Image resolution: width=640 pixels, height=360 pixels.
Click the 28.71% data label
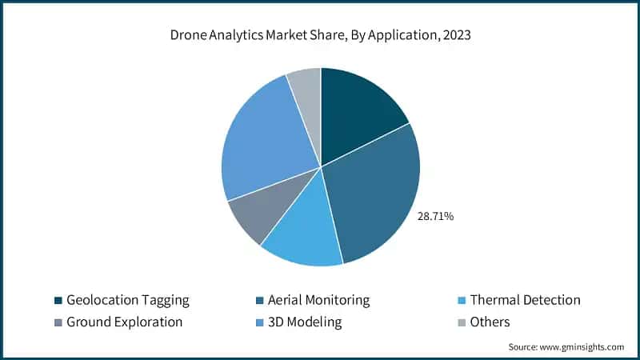435,216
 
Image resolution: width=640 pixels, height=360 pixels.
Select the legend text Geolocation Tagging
128,300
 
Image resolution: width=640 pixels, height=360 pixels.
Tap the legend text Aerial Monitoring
319,300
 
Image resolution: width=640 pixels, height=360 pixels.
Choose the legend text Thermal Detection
525,300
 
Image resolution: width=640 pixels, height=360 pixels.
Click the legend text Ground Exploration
125,322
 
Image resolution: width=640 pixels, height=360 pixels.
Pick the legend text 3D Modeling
306,322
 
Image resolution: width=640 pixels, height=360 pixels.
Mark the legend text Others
490,322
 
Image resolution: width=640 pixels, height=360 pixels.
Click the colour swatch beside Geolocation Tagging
58,301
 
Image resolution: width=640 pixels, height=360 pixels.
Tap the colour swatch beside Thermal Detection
461,301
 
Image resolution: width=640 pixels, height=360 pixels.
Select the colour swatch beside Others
461,322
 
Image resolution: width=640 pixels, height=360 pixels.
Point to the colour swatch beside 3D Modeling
259,322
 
